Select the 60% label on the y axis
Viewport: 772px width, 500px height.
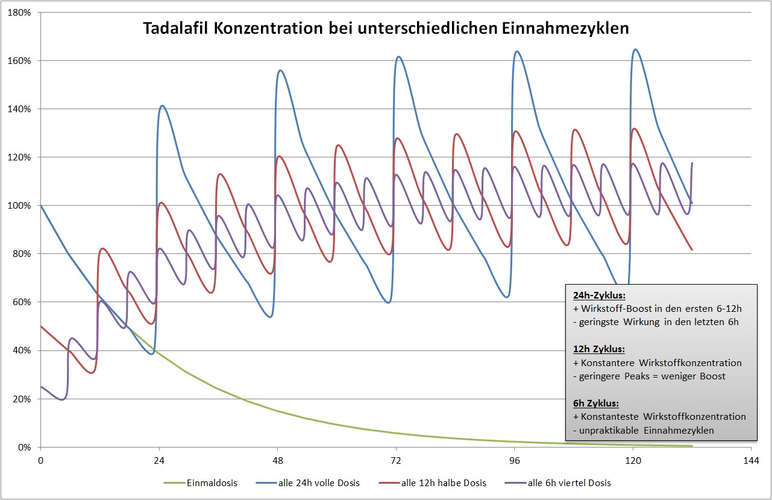point(23,302)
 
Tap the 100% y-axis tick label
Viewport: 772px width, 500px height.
point(20,206)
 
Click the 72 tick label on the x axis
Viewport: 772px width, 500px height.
point(395,461)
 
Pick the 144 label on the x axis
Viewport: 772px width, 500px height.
point(750,461)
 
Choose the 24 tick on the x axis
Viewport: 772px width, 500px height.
point(159,461)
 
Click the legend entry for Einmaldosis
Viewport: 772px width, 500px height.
point(202,483)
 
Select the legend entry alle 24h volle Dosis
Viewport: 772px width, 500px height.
point(313,483)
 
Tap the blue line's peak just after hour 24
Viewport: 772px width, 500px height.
point(162,106)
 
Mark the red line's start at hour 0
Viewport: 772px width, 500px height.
point(41,326)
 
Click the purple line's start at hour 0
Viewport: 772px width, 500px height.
point(41,387)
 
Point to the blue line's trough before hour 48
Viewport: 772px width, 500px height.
point(271,317)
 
